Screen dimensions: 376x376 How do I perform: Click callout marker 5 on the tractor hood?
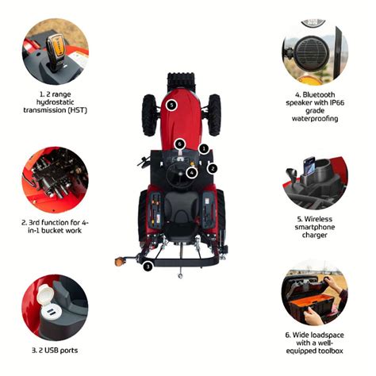click(171, 106)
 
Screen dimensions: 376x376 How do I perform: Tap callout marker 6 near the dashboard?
click(180, 144)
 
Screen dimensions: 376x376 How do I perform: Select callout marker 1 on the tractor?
click(204, 149)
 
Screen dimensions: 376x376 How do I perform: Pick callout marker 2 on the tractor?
click(213, 168)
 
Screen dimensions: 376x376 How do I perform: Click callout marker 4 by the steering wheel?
click(191, 173)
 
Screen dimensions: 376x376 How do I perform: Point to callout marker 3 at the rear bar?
click(148, 267)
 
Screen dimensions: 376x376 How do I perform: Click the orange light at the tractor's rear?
click(119, 262)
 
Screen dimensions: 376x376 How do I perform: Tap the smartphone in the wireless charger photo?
click(309, 166)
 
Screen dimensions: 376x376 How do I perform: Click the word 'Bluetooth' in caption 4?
click(318, 94)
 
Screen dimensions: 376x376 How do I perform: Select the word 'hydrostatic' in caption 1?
click(55, 102)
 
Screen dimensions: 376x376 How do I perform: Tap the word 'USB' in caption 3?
click(52, 351)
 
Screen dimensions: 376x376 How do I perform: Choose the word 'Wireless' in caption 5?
click(318, 219)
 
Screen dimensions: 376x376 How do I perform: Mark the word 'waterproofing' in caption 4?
click(315, 119)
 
